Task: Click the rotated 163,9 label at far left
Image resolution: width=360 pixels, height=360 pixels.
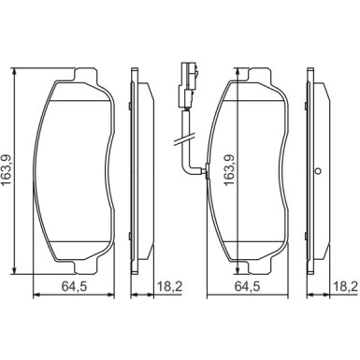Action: click(7, 171)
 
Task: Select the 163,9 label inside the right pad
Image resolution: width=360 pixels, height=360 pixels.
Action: click(229, 171)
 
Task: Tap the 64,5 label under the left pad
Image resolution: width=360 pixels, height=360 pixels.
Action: click(74, 286)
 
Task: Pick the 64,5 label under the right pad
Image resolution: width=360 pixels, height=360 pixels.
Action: click(247, 286)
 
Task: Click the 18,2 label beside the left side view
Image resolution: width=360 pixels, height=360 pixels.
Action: click(169, 286)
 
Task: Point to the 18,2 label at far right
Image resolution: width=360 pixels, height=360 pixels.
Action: click(345, 286)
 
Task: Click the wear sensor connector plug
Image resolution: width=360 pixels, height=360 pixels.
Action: click(187, 85)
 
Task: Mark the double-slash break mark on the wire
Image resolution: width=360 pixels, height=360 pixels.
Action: click(184, 139)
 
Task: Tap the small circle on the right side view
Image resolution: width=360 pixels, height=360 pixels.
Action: click(318, 171)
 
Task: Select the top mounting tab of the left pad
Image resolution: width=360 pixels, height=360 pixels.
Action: click(86, 75)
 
